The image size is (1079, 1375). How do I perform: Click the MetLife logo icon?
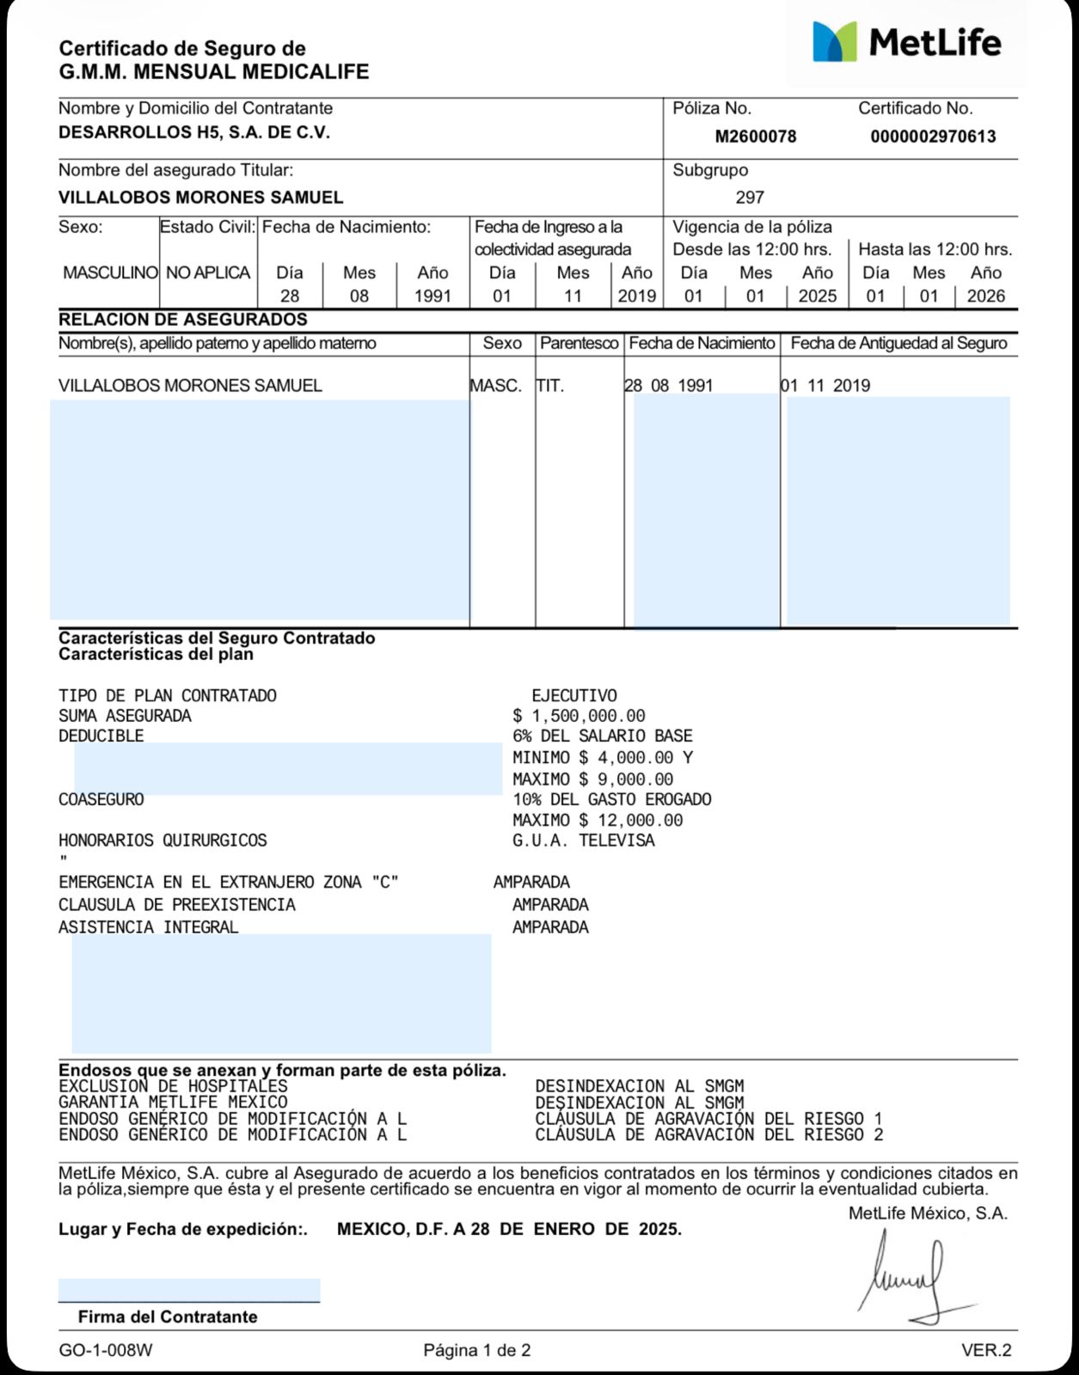pos(835,42)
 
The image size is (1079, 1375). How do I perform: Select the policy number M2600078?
pos(756,137)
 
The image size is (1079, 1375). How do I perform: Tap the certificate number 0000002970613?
pos(933,137)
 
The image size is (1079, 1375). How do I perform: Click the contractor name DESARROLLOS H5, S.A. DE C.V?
pos(194,132)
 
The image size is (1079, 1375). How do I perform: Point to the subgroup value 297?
pos(750,198)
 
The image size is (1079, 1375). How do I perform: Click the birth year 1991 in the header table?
pos(432,296)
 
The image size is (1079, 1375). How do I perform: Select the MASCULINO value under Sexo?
pos(110,273)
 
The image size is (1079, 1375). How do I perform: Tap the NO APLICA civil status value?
pos(208,273)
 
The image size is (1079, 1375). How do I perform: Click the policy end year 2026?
pos(985,296)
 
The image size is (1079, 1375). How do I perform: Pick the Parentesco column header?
pos(579,343)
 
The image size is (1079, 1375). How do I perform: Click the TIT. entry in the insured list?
pos(550,386)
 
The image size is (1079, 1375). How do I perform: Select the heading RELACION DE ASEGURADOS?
pos(183,320)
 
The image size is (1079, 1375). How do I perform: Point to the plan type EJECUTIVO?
pos(574,695)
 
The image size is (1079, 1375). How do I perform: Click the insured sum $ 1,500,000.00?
pos(579,716)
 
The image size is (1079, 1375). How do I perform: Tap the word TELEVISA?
pos(616,840)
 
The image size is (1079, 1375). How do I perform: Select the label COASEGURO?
pos(101,799)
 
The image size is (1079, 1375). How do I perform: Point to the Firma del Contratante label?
pos(168,1317)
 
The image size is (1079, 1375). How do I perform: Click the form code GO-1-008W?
pos(106,1350)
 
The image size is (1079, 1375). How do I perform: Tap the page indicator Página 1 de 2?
pos(477,1350)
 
